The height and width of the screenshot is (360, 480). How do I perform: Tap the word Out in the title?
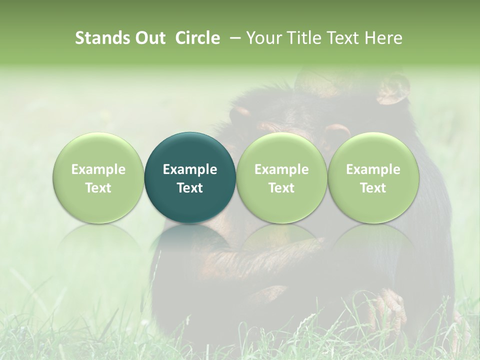(149, 38)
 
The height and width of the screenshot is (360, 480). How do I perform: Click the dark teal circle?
(190, 177)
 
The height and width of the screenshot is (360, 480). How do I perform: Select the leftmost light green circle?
(98, 177)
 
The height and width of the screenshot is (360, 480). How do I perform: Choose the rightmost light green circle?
(373, 177)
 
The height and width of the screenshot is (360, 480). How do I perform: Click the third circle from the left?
(281, 177)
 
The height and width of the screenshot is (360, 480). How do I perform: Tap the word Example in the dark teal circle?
(190, 169)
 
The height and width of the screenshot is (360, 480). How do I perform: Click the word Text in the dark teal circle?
(190, 188)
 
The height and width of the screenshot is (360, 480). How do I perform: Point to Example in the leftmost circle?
(98, 169)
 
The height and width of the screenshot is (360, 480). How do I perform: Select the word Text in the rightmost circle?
(373, 188)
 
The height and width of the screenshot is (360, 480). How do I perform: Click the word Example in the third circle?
(281, 169)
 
